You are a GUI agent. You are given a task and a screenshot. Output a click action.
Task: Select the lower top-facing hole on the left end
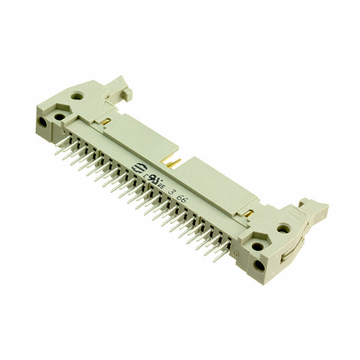[x=58, y=116]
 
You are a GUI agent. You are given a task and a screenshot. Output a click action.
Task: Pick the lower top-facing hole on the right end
[x=258, y=246]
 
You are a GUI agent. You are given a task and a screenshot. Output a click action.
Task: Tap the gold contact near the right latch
[x=248, y=214]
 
